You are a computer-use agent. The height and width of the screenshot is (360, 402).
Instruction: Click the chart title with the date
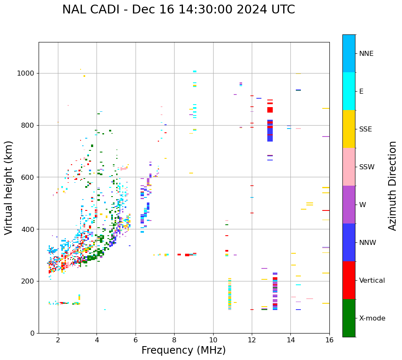pyautogui.click(x=178, y=10)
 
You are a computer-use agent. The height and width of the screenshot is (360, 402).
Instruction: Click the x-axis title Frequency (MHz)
pyautogui.click(x=183, y=350)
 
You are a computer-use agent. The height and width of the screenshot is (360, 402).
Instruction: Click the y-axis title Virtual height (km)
pyautogui.click(x=9, y=187)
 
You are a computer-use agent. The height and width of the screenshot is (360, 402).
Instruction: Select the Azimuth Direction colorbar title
pyautogui.click(x=392, y=186)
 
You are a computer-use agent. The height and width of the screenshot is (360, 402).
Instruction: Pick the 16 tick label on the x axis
pyautogui.click(x=329, y=340)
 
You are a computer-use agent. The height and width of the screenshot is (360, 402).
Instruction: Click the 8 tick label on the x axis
pyautogui.click(x=174, y=340)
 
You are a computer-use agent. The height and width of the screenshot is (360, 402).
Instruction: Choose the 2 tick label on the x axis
pyautogui.click(x=58, y=340)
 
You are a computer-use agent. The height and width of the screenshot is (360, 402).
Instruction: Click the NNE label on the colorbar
pyautogui.click(x=366, y=54)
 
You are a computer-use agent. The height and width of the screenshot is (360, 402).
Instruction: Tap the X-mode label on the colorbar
pyautogui.click(x=372, y=318)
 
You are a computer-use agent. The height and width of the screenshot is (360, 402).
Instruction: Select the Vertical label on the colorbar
pyautogui.click(x=372, y=281)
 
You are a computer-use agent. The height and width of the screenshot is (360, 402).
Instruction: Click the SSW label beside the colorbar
pyautogui.click(x=366, y=167)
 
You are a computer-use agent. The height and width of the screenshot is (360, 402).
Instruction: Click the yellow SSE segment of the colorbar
pyautogui.click(x=349, y=129)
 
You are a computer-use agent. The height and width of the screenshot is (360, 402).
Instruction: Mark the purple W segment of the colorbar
pyautogui.click(x=349, y=205)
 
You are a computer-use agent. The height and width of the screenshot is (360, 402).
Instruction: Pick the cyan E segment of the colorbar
pyautogui.click(x=349, y=91)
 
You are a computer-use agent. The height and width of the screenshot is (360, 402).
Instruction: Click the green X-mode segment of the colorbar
pyautogui.click(x=349, y=318)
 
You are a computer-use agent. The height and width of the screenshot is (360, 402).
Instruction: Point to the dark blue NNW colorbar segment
pyautogui.click(x=349, y=242)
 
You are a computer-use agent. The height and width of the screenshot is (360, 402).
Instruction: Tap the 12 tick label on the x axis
pyautogui.click(x=252, y=340)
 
